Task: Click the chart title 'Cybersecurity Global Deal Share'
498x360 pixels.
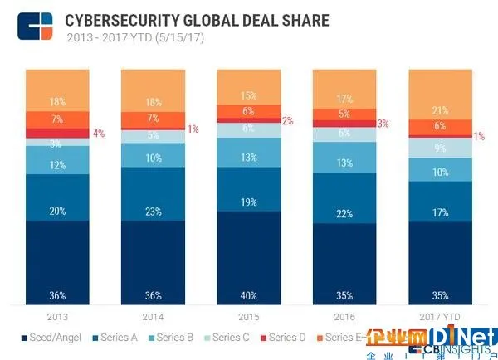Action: (x=198, y=19)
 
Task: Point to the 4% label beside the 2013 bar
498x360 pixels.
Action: (x=99, y=134)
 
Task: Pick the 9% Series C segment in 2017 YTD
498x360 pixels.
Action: (x=439, y=148)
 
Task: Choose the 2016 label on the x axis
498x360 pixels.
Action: (x=344, y=316)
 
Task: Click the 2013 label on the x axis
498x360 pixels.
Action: (x=57, y=316)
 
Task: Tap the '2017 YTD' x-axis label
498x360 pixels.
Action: (x=439, y=316)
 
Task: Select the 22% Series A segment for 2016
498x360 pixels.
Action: (x=344, y=214)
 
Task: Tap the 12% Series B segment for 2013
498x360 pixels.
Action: (x=57, y=165)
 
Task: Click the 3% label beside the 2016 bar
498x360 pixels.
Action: (x=383, y=124)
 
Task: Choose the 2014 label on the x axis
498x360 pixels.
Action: (x=153, y=316)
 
